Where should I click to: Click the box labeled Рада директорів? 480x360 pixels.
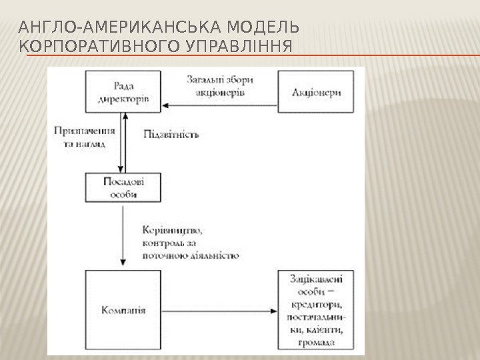click(x=122, y=92)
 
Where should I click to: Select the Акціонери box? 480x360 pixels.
click(x=317, y=92)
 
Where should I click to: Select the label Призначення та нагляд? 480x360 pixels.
click(x=82, y=138)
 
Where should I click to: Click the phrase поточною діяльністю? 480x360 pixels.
click(x=191, y=255)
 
